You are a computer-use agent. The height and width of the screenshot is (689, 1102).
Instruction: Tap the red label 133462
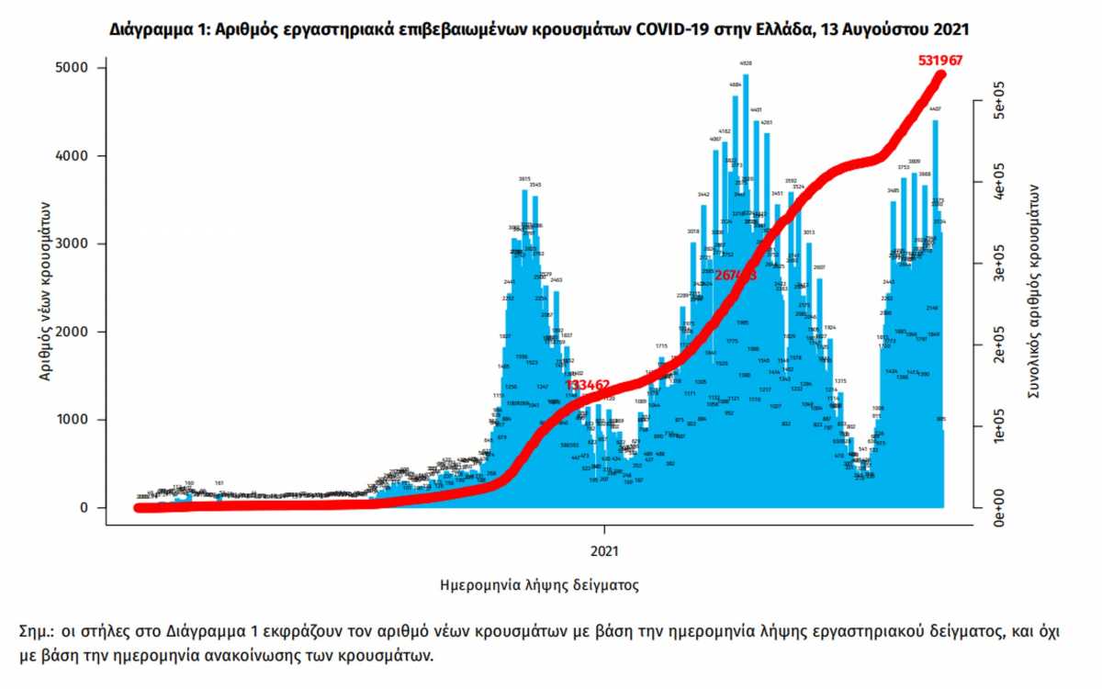[x=589, y=384]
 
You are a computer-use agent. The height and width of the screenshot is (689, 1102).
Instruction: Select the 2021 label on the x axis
[x=604, y=552]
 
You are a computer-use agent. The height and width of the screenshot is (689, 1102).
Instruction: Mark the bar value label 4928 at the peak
[x=746, y=63]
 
